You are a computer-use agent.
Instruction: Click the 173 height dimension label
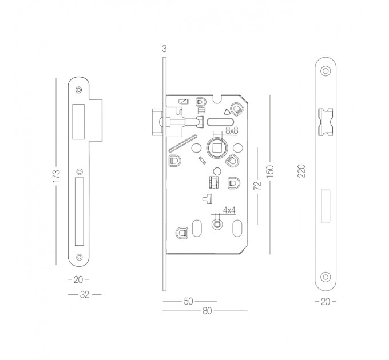tap(57, 175)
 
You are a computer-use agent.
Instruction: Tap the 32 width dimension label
tap(85, 295)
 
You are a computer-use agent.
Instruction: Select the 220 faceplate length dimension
tap(301, 170)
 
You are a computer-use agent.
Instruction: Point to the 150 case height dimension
tap(269, 171)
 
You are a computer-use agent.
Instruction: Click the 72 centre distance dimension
tap(258, 185)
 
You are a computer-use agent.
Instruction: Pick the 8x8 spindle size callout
tap(232, 130)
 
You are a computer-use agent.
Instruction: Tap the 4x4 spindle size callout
tap(229, 210)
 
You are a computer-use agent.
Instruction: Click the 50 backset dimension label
tap(189, 301)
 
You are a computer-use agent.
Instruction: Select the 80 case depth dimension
tap(208, 311)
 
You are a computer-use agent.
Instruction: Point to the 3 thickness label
tap(164, 49)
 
